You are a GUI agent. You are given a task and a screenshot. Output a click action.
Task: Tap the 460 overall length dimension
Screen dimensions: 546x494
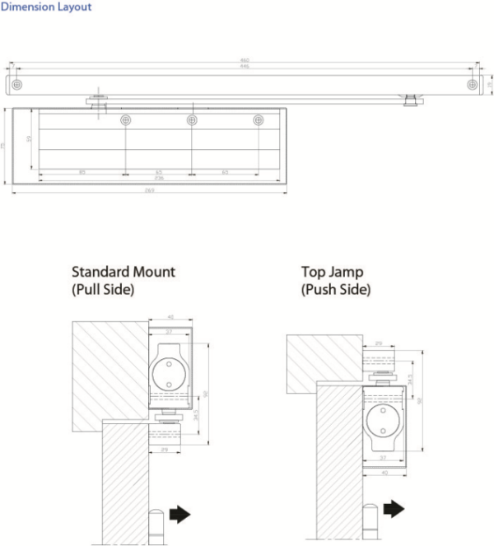pyautogui.click(x=245, y=59)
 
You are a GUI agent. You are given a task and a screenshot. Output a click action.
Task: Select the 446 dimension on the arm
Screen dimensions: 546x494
pyautogui.click(x=245, y=68)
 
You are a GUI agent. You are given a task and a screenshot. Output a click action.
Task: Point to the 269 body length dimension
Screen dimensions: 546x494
pyautogui.click(x=149, y=190)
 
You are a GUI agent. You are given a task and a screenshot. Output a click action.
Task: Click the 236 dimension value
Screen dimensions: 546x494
pyautogui.click(x=158, y=178)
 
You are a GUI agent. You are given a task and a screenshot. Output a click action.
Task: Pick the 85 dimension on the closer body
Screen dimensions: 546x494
pyautogui.click(x=82, y=171)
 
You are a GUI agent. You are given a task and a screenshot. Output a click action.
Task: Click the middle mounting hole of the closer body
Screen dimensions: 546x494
pyautogui.click(x=192, y=120)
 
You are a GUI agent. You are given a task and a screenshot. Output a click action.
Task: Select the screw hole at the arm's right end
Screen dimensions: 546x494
pyautogui.click(x=472, y=84)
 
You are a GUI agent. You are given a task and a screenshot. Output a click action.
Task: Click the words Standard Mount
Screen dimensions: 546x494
pyautogui.click(x=123, y=272)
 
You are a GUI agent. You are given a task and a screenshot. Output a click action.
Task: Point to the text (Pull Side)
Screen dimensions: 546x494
pyautogui.click(x=103, y=290)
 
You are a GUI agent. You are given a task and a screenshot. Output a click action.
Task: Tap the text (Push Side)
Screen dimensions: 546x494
pyautogui.click(x=336, y=290)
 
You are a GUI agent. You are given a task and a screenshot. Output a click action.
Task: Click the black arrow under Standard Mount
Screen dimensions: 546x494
pyautogui.click(x=179, y=515)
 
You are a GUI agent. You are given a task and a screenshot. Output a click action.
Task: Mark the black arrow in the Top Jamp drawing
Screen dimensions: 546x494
pyautogui.click(x=394, y=508)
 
